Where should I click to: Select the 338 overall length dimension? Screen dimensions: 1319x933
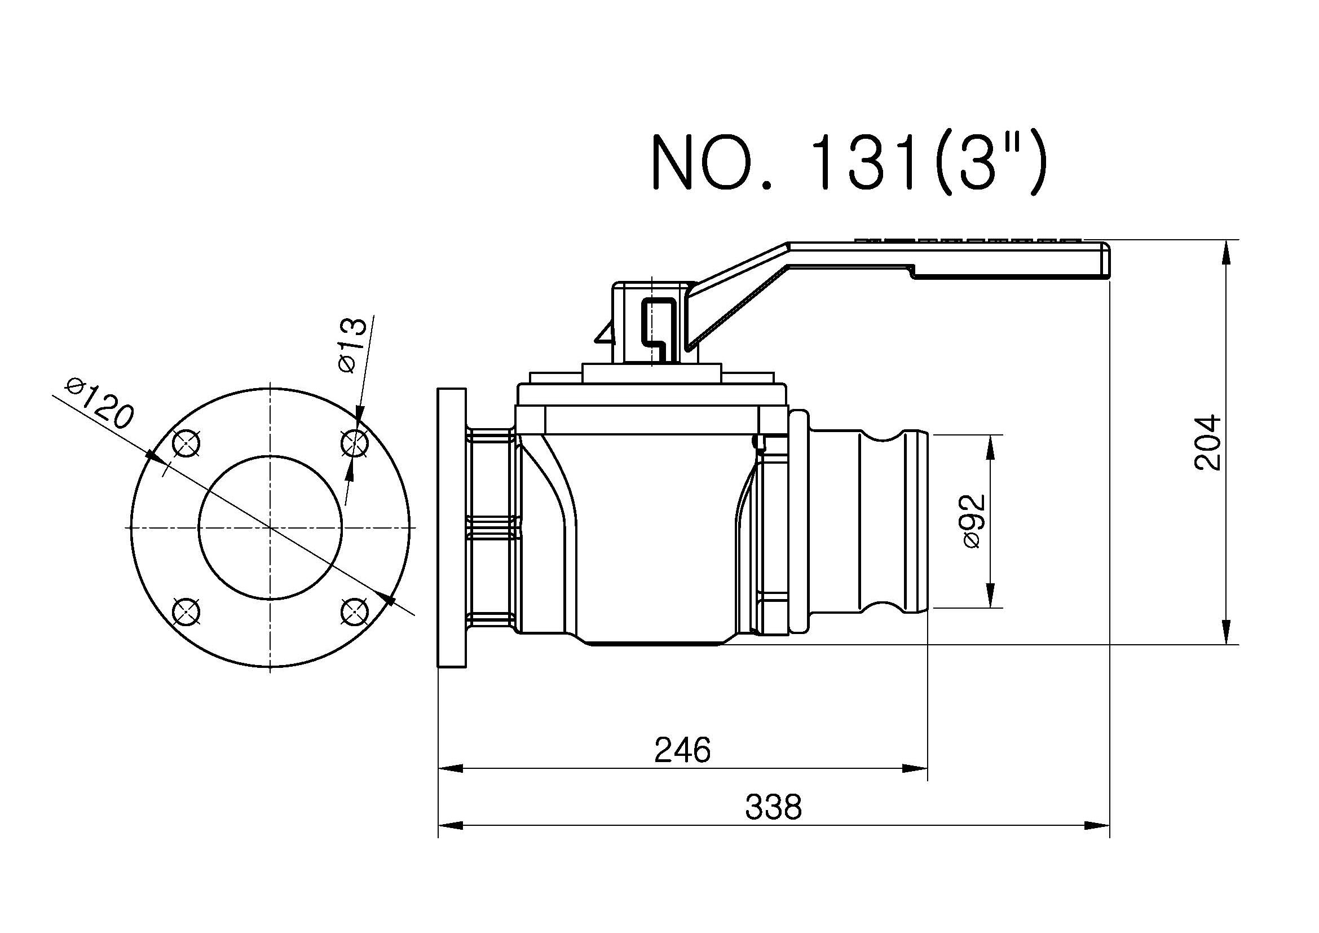773,807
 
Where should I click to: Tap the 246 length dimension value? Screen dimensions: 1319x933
682,750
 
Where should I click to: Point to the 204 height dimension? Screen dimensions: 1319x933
1207,442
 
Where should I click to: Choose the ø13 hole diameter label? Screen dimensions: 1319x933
352,345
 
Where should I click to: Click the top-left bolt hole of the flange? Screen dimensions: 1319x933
187,443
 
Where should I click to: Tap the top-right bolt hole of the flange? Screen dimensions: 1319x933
355,443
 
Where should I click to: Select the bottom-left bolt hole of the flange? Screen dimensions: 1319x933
187,611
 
